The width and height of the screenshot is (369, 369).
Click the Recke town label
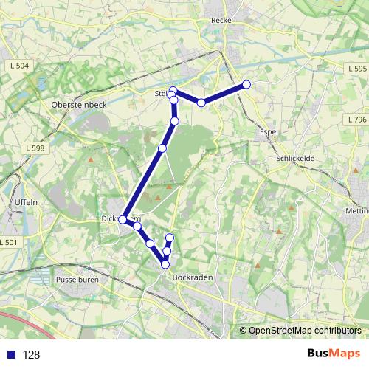[221, 21]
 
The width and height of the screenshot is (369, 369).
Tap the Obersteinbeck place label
[79, 105]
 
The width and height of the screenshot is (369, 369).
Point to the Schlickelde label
[296, 159]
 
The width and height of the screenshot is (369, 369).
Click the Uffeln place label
[27, 201]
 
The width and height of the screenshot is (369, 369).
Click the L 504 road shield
[20, 66]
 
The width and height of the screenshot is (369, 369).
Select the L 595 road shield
[356, 68]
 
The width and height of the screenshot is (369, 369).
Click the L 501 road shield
[9, 242]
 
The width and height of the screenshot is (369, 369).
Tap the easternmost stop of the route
[246, 85]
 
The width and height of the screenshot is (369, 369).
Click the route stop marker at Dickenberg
[123, 219]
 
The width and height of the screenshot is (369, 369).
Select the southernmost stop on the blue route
[165, 264]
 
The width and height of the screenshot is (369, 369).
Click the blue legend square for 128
[10, 354]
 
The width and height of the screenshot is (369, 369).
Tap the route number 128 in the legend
[32, 354]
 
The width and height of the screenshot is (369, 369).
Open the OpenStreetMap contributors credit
[304, 331]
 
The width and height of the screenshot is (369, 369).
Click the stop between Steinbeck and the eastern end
[201, 102]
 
